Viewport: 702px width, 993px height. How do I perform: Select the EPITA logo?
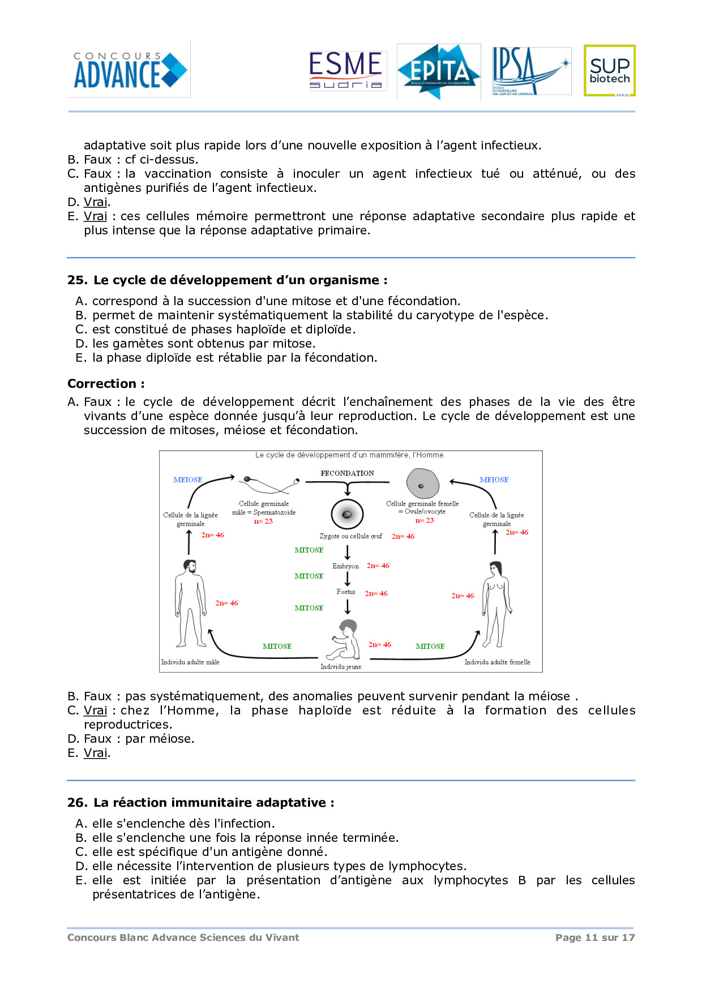pyautogui.click(x=439, y=72)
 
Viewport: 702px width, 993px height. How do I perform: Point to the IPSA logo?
pyautogui.click(x=530, y=71)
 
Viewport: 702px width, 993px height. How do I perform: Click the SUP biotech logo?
pyautogui.click(x=609, y=71)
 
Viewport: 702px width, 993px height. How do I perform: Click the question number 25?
pyautogui.click(x=77, y=280)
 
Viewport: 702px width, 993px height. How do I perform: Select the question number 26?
pyautogui.click(x=77, y=803)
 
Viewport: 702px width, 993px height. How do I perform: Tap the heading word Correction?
pyautogui.click(x=102, y=384)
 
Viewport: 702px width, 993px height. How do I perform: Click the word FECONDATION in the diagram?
pyautogui.click(x=347, y=473)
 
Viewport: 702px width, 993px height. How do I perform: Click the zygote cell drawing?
pyautogui.click(x=347, y=514)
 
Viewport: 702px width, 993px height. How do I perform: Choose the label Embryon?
pyautogui.click(x=345, y=566)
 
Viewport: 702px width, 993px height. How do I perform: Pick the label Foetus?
pyautogui.click(x=346, y=592)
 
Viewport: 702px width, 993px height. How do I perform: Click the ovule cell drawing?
pyautogui.click(x=422, y=484)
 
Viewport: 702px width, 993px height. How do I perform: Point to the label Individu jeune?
pyautogui.click(x=341, y=667)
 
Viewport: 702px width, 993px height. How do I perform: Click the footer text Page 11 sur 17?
pyautogui.click(x=595, y=938)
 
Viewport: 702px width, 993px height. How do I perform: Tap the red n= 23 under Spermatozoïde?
pyautogui.click(x=263, y=521)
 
